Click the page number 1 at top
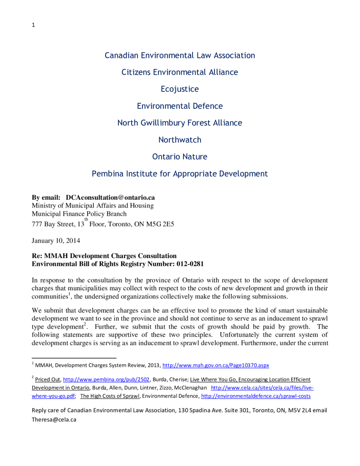tap(33, 25)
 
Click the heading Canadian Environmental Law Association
tap(180, 56)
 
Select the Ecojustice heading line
tap(180, 89)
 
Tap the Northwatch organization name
tap(180, 140)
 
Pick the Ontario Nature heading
tap(180, 157)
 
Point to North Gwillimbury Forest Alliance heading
tap(180, 123)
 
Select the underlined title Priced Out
tap(48, 379)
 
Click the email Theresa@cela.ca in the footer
tap(54, 420)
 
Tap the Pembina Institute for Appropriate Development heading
tap(180, 173)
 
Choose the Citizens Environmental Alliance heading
tap(180, 72)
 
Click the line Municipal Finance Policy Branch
tap(79, 213)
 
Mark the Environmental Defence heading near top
tap(180, 106)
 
